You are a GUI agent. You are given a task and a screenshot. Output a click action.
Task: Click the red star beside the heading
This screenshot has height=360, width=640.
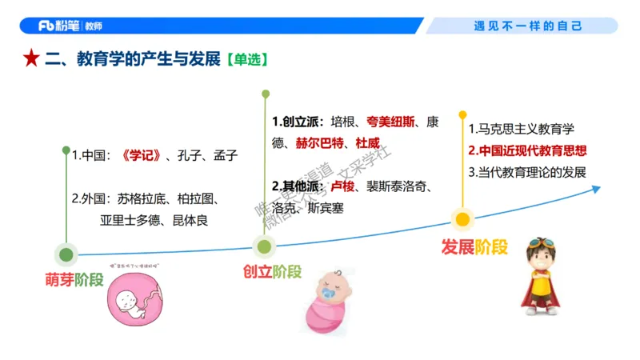[x=30, y=58]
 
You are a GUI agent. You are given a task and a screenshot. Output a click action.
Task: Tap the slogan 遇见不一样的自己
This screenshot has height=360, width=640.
[x=528, y=26]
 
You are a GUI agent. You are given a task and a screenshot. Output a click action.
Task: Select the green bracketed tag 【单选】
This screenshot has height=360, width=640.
[x=246, y=59]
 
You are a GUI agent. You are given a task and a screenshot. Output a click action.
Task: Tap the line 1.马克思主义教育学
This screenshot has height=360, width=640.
[x=521, y=129]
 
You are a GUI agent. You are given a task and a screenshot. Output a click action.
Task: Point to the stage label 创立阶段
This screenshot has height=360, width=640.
[x=272, y=271]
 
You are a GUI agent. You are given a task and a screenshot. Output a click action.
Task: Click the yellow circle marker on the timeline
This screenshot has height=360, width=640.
[x=462, y=219]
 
